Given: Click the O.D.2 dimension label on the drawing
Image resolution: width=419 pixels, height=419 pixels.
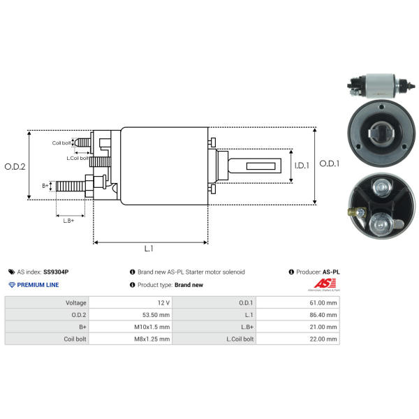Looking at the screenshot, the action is click(x=15, y=167).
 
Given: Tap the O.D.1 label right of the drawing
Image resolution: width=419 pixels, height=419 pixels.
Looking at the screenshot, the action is click(x=330, y=163).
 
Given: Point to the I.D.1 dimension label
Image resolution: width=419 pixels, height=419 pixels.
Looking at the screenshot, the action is click(x=302, y=166).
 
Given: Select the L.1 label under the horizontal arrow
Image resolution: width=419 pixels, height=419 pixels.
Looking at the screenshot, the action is click(x=149, y=249).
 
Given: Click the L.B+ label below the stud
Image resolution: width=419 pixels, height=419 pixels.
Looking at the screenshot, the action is click(x=68, y=221).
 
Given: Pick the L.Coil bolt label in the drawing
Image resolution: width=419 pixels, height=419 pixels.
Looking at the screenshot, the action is click(x=78, y=159).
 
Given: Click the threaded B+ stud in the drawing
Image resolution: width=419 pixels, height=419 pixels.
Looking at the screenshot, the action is click(x=71, y=186).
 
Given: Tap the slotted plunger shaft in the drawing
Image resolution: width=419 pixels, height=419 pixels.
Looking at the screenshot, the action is click(x=255, y=166).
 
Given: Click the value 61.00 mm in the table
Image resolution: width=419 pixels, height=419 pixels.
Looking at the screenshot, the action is click(x=323, y=303).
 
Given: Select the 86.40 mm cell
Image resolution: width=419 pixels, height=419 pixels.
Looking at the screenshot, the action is click(x=323, y=315).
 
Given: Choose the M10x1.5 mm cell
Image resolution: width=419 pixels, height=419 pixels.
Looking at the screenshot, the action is click(x=152, y=327).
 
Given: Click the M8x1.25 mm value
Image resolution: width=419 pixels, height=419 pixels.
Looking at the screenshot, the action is click(x=152, y=339).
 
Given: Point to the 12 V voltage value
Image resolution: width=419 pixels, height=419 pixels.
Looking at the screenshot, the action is click(x=163, y=303).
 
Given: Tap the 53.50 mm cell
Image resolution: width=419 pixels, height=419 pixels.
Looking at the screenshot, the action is click(x=156, y=315).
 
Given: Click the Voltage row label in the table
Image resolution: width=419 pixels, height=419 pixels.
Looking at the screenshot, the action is click(x=76, y=303).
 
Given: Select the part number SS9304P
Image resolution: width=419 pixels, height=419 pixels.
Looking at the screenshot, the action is click(x=56, y=272).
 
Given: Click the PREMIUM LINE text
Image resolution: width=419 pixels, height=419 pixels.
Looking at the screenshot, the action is click(x=38, y=285).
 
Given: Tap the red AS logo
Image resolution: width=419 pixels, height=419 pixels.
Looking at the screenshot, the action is click(x=325, y=284).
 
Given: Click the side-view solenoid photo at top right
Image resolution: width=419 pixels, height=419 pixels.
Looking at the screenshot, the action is click(x=381, y=85).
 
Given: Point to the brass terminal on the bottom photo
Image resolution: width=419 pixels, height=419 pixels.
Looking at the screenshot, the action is click(x=353, y=212).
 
